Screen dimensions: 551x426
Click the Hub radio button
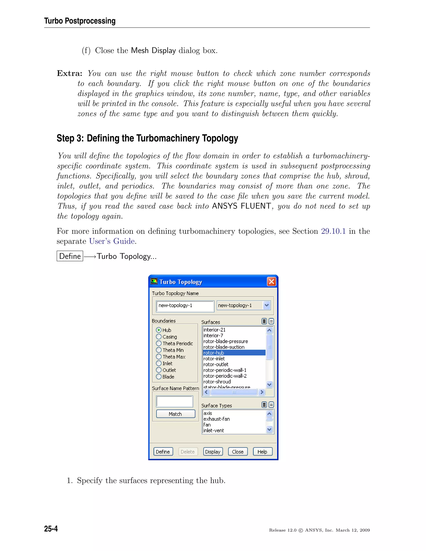coord(159,330)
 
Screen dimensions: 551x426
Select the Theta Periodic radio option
coord(159,343)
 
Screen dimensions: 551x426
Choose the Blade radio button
coord(159,377)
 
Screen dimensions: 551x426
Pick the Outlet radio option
coord(159,370)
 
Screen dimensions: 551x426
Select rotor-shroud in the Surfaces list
coord(217,382)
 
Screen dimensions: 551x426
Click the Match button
coord(175,414)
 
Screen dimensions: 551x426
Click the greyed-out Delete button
coord(187,452)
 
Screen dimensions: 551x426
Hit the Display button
coord(213,452)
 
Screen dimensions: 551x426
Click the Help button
coord(263,452)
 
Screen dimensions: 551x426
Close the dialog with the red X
coord(271,282)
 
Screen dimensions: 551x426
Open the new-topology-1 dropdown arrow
coord(266,305)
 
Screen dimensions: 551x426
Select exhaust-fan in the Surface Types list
coord(217,419)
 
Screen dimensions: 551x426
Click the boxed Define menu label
coord(70,256)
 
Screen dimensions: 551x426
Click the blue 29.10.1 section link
coord(333,231)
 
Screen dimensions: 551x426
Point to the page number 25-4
coord(51,529)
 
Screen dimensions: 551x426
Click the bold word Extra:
coord(70,73)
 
